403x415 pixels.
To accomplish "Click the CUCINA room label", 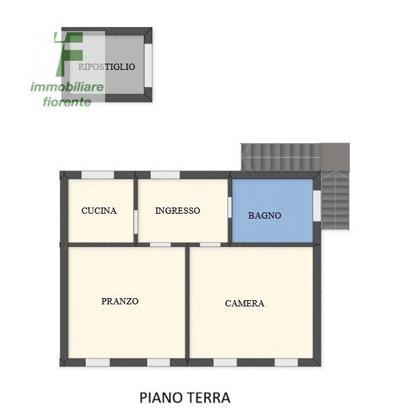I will pos(99,211).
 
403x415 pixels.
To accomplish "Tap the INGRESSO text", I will pos(178,210).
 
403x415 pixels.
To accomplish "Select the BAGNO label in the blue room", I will pos(265,215).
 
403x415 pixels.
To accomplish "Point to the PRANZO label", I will pos(120,301).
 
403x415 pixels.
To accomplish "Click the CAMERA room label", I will pos(245,303).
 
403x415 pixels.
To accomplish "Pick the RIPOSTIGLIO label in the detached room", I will pos(107,66).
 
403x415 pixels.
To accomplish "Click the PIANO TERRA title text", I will pos(185,398).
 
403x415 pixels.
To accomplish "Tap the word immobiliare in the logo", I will pos(67,87).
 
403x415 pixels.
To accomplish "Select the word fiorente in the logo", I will pos(67,102).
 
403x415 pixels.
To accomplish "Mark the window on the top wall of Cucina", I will pos(97,175).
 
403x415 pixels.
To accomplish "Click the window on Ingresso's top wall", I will pos(165,175).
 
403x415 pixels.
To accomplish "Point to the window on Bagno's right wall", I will pos(317,205).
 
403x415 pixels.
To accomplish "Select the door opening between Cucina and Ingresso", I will pos(135,221).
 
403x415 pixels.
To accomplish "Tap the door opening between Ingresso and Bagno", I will pos(229,207).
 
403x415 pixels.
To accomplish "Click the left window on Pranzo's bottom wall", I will pos(97,362).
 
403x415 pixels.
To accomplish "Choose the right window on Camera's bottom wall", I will pos(286,362).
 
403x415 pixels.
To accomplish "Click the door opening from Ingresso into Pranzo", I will pos(160,244).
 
